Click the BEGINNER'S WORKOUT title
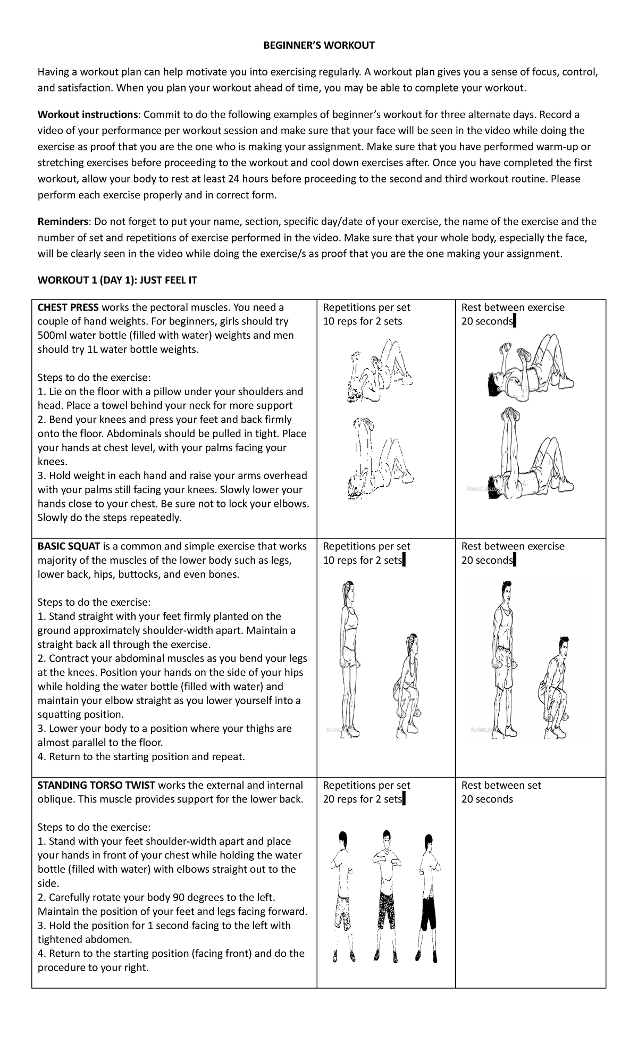point(319,45)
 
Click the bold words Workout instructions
point(88,114)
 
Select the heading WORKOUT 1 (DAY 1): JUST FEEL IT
point(117,280)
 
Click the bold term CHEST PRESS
point(68,307)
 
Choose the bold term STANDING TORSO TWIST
point(96,785)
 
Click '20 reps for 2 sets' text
point(362,799)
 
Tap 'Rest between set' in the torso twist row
point(501,785)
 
